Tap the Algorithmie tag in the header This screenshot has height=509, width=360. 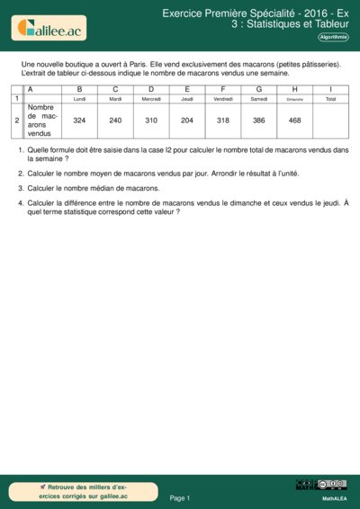point(334,37)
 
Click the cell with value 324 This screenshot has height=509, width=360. point(79,120)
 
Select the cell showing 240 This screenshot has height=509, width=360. point(115,120)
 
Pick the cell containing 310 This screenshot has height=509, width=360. point(151,120)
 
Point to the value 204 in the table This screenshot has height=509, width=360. point(187,120)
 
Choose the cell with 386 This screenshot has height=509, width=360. point(259,120)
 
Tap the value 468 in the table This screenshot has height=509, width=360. point(295,120)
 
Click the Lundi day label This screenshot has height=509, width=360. point(79,99)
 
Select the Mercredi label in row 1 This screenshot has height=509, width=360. point(151,99)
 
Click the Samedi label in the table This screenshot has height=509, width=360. point(259,99)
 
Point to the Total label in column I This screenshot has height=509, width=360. point(330,99)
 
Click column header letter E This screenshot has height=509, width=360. point(187,89)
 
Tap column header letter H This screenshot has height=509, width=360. point(295,89)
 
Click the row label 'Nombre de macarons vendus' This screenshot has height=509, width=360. point(42,120)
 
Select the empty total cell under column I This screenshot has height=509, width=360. point(330,120)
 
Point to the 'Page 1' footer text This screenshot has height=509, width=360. point(180,497)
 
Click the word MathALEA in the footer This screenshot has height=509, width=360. point(334,497)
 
